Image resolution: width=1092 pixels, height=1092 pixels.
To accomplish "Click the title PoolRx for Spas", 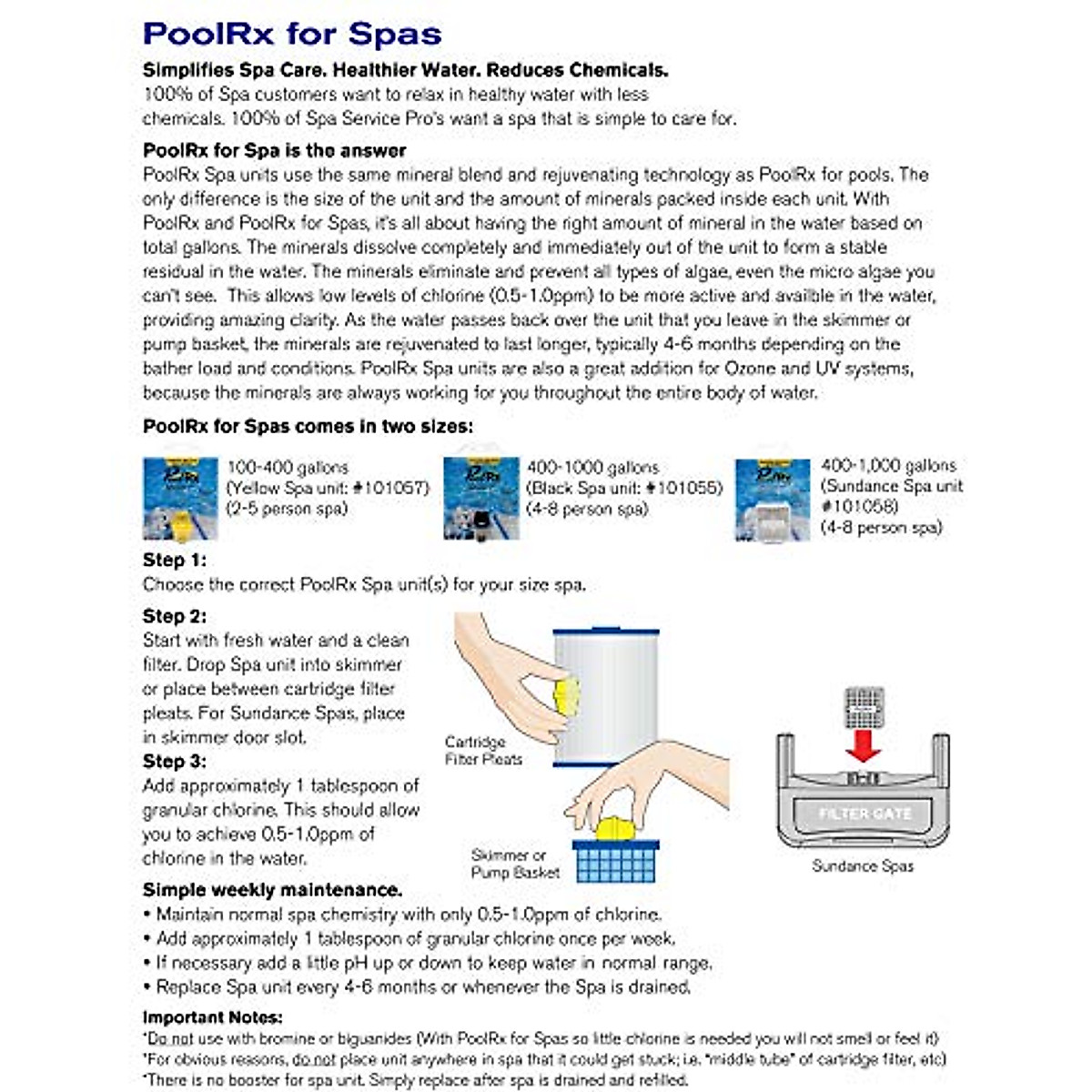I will (292, 34).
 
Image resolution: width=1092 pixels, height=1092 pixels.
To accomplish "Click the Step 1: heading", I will (175, 560).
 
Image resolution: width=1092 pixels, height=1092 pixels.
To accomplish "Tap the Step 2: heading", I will (175, 616).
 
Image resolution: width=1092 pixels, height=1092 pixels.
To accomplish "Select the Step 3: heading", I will (175, 761).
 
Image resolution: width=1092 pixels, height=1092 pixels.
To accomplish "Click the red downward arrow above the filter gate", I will (863, 747).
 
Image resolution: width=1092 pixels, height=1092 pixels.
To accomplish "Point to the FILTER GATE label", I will (864, 814).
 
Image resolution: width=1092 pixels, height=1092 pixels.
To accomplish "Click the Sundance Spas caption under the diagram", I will (863, 865).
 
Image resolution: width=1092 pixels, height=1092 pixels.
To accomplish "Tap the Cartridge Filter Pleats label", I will (483, 750).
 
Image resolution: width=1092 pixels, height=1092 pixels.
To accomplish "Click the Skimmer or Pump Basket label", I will (515, 864).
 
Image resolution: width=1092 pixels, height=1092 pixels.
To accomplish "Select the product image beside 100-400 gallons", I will (180, 499).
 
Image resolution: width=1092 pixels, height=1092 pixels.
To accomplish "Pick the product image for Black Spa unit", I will (480, 499).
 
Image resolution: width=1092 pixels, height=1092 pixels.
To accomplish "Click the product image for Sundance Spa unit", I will (772, 500).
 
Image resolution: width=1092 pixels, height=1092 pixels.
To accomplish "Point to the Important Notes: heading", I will (212, 1017).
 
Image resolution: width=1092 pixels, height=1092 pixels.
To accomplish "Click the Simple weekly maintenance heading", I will (272, 889).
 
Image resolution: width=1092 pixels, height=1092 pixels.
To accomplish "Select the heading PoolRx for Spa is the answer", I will (274, 150).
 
